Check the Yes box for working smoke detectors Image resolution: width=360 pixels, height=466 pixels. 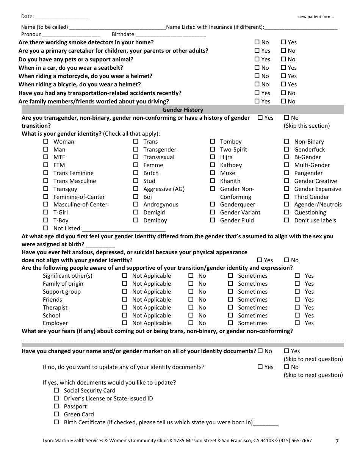pos(283,42)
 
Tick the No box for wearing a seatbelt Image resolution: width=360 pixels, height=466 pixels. pos(257,68)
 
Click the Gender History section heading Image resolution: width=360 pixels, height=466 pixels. pos(183,110)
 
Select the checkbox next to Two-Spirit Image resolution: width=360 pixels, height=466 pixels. pos(213,149)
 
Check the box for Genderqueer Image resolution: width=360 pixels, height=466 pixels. pos(213,205)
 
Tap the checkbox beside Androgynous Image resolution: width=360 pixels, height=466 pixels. pos(136,205)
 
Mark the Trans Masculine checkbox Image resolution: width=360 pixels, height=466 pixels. pos(46,181)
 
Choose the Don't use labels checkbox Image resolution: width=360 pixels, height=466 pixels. pos(287,220)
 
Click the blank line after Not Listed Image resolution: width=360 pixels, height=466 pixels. pos(124,229)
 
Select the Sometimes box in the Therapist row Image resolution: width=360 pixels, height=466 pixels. pos(230,308)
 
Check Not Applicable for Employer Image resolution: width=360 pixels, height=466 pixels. pos(125,323)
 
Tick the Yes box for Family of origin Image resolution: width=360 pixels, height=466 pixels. pos(297,284)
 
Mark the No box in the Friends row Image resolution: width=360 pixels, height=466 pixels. pos(191,300)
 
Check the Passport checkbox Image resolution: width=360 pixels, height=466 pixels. pos(56,407)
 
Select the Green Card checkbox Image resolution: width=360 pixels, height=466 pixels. pos(56,414)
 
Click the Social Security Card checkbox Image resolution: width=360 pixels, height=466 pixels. pos(56,391)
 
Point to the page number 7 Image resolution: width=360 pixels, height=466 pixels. pos(337,441)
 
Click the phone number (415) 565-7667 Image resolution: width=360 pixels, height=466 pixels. pos(296,441)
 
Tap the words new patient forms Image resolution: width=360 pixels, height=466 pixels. pos(316,17)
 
